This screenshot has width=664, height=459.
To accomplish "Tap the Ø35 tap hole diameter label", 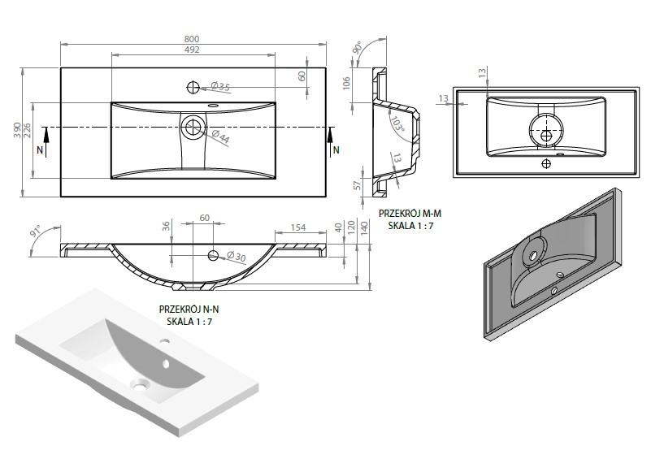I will coord(220,87).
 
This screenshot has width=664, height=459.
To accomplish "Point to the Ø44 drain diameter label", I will coord(219,139).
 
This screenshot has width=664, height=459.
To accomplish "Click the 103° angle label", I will coord(397,125).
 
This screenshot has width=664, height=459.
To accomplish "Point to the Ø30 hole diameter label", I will coord(236,258).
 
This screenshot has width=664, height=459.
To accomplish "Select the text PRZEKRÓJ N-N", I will coord(190,310).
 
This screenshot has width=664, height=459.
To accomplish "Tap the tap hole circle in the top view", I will coord(194,86).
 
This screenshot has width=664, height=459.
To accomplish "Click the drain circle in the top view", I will coord(193,127).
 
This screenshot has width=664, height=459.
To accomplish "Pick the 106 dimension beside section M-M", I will coord(347,83).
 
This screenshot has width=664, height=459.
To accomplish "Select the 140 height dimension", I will coord(364,227).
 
